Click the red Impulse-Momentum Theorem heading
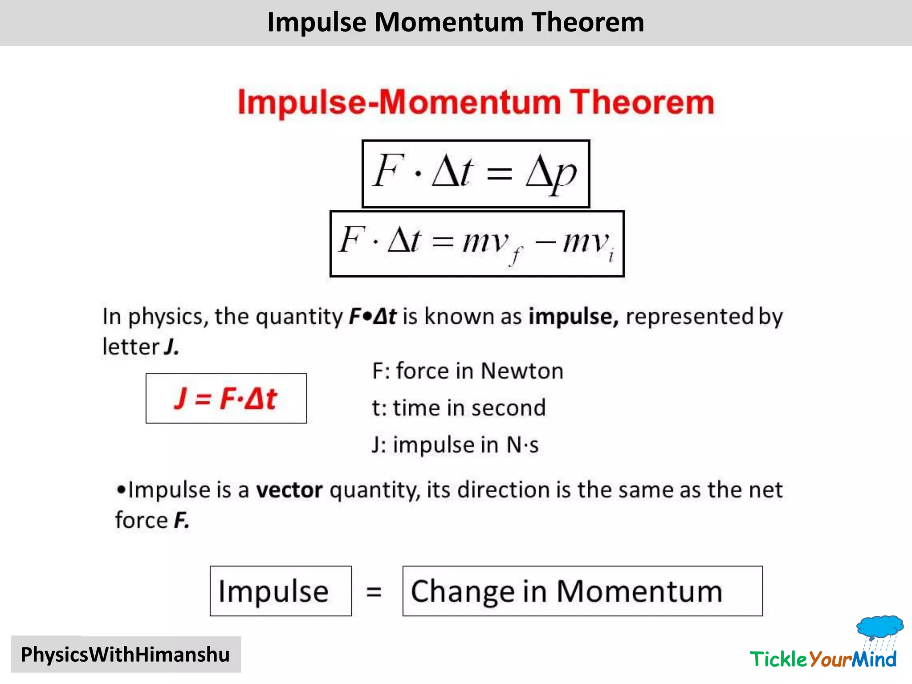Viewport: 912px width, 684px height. [476, 102]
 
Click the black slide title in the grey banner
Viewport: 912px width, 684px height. [456, 22]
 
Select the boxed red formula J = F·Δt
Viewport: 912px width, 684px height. [226, 398]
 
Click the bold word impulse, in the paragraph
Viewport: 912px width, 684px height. [573, 317]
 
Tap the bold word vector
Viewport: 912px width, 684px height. [289, 490]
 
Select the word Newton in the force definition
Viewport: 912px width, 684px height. [522, 371]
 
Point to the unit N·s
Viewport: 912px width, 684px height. [522, 445]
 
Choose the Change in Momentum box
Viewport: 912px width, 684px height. [582, 591]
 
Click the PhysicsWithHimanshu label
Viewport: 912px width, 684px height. [126, 655]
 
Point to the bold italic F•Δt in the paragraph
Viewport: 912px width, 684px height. [372, 317]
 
